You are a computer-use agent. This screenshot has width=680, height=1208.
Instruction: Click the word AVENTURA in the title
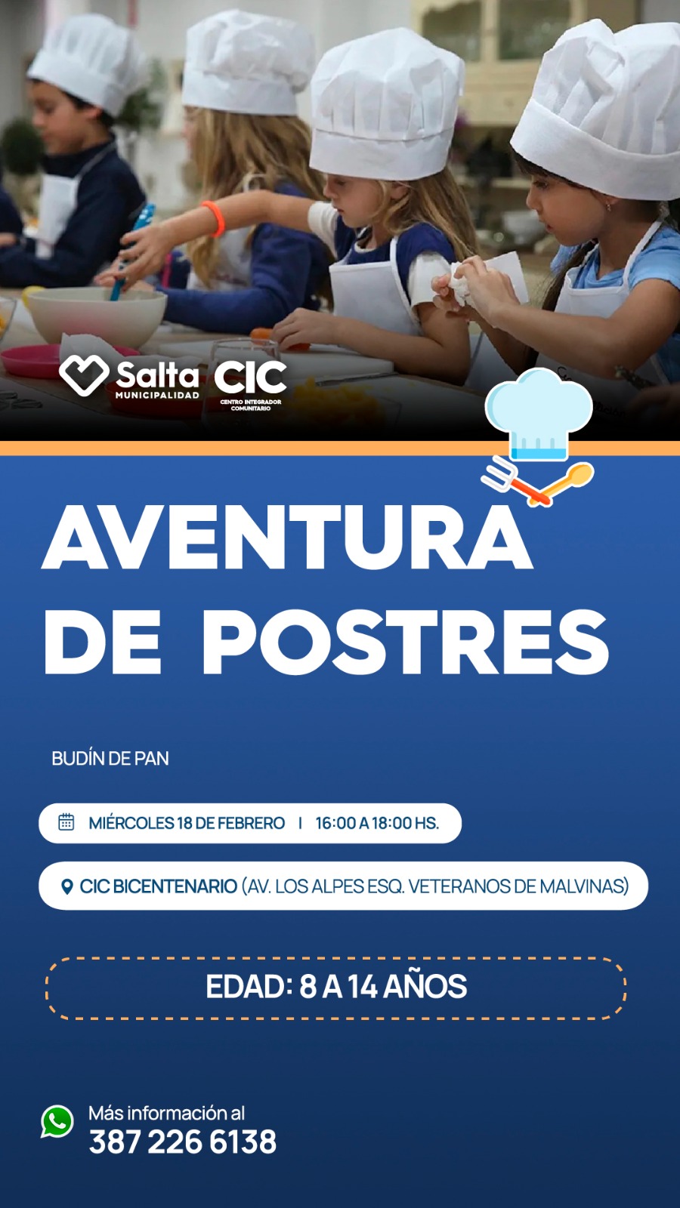(287, 536)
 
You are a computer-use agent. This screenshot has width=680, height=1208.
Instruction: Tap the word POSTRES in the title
(405, 642)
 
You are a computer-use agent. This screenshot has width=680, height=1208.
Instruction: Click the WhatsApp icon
(57, 1122)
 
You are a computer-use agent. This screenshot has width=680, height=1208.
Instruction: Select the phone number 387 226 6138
(182, 1142)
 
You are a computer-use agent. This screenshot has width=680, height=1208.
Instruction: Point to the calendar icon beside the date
(66, 822)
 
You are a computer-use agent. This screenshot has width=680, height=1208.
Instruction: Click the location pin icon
(67, 886)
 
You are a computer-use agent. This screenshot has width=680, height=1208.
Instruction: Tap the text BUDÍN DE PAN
(110, 758)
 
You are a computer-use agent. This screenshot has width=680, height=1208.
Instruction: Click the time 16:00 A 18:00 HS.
(377, 823)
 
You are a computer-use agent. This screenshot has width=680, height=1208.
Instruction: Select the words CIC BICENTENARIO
(159, 886)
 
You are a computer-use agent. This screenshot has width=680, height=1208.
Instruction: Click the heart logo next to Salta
(84, 375)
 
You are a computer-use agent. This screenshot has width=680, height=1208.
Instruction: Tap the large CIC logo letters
(250, 377)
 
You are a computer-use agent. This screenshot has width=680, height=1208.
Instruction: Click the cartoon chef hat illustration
(539, 413)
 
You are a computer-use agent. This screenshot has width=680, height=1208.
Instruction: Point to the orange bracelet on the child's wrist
(214, 219)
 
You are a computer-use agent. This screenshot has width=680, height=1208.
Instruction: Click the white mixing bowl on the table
(97, 316)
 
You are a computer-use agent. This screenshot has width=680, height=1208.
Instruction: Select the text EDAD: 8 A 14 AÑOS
(336, 986)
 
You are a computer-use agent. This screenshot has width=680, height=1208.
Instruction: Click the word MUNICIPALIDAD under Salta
(157, 396)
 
